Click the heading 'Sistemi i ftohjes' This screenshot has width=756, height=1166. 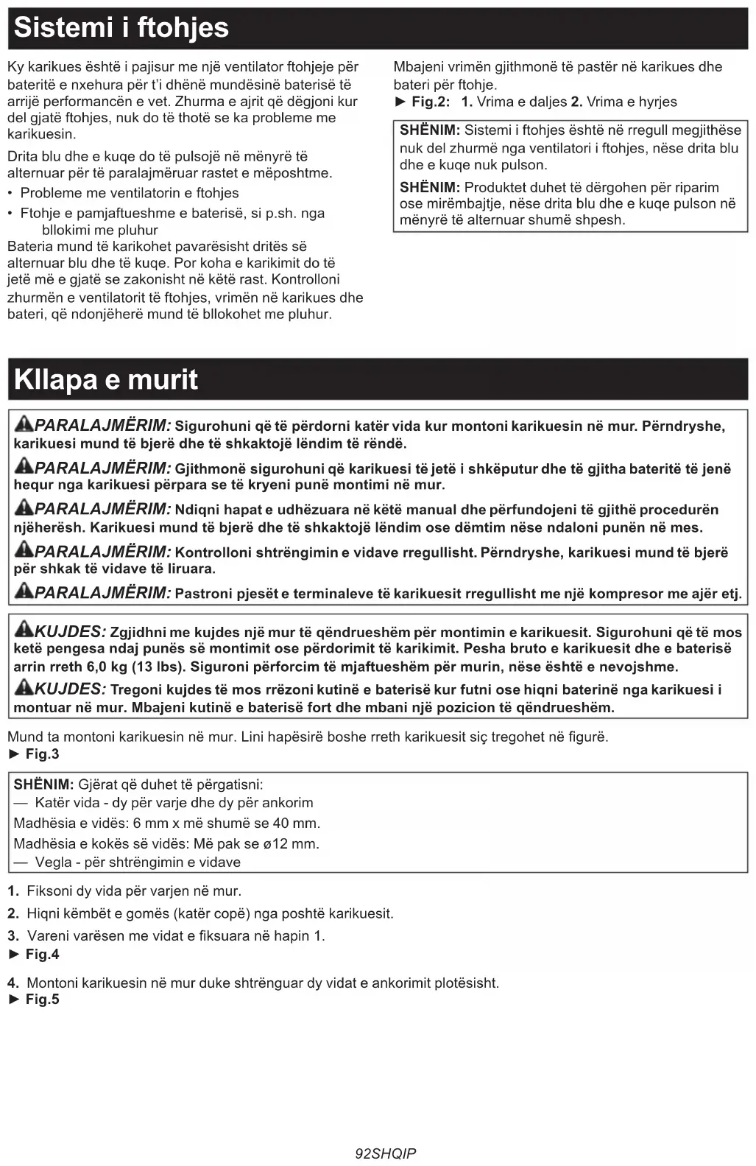[x=121, y=28]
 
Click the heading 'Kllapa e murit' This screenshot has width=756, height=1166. [x=106, y=380]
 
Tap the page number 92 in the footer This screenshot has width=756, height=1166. [x=363, y=1153]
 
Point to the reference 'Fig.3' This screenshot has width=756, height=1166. [x=42, y=754]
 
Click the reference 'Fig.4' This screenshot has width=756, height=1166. [x=42, y=955]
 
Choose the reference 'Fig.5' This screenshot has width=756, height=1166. [x=42, y=1000]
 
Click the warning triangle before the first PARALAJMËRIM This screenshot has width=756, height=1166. [x=24, y=424]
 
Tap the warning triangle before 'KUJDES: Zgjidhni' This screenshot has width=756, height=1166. [x=24, y=631]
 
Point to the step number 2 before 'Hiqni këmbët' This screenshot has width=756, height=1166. [x=13, y=914]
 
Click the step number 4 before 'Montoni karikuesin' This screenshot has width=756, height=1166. [x=13, y=983]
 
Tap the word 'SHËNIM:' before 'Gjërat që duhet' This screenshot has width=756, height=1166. [x=43, y=785]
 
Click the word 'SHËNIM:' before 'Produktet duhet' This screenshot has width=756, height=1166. [x=429, y=188]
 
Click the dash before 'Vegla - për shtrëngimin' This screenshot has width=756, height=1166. [x=21, y=863]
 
